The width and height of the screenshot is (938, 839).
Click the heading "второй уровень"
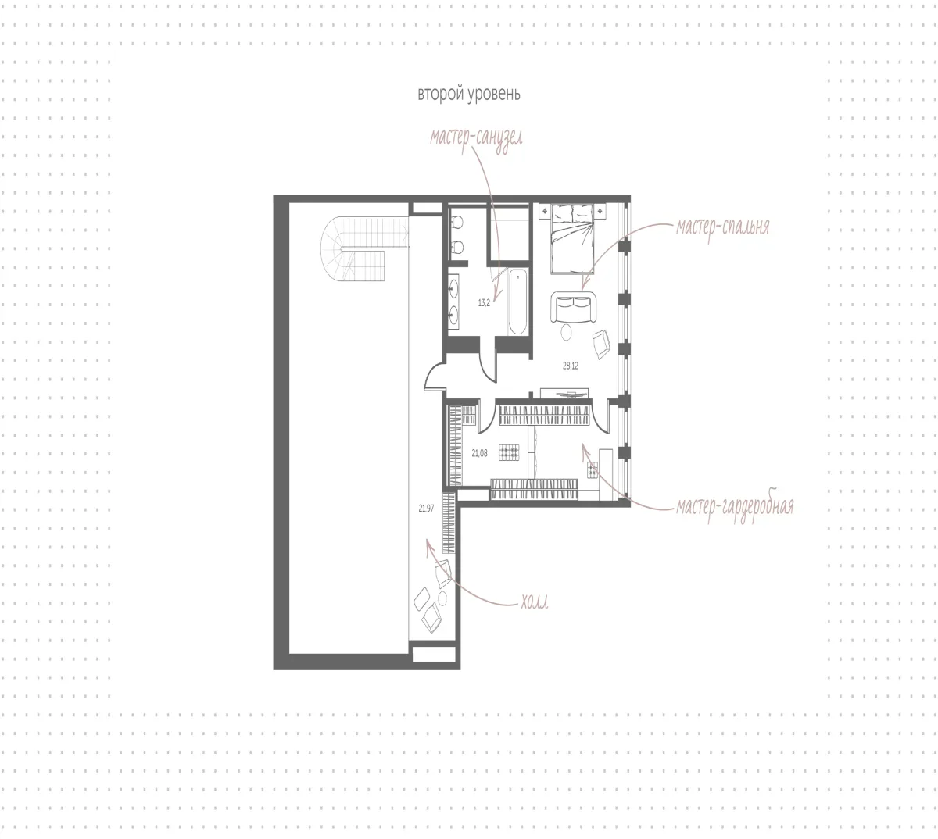[468, 95]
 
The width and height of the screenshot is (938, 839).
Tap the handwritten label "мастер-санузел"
[476, 138]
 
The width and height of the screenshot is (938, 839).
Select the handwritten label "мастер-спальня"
[723, 227]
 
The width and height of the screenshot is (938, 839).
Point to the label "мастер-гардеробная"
[736, 507]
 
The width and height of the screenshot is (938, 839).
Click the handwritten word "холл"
[535, 603]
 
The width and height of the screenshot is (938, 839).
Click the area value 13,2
[484, 304]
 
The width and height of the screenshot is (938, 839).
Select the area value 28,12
[571, 366]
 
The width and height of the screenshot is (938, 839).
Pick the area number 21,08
[479, 454]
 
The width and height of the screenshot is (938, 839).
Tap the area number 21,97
[426, 509]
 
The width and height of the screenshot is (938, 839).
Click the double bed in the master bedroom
[572, 239]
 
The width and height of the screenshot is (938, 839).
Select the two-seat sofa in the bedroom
[574, 307]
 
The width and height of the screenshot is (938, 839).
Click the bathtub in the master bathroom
[517, 302]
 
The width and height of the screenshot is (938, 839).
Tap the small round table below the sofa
[566, 332]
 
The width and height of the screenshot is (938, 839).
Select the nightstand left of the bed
[545, 211]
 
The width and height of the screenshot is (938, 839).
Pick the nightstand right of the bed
[600, 211]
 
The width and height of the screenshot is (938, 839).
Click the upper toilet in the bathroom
[457, 223]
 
